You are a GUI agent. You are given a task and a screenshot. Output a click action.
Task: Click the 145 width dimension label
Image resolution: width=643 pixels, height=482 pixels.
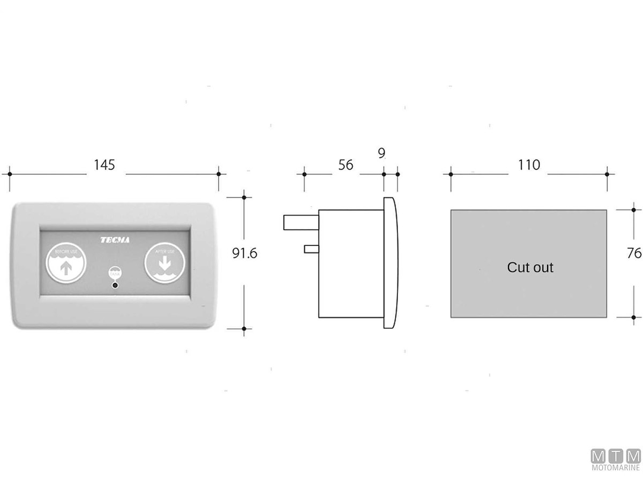tap(104, 165)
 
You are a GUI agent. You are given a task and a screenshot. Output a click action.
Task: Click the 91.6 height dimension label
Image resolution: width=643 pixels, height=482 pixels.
tap(244, 253)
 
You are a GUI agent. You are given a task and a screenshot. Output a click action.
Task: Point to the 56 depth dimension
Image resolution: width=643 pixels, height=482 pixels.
tap(346, 165)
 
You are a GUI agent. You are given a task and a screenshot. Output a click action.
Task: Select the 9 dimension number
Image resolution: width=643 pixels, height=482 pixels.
tap(381, 154)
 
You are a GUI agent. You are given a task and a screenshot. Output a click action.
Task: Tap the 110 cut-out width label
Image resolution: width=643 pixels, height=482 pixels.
tap(529, 165)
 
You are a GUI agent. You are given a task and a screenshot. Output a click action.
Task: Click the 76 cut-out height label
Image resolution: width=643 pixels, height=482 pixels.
tap(634, 253)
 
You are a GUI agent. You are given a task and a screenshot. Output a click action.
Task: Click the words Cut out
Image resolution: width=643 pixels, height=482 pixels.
tap(530, 267)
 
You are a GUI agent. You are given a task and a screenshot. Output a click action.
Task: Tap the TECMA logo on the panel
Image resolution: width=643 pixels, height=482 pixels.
tap(115, 240)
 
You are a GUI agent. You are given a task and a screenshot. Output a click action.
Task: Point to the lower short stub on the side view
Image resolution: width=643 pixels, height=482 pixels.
tap(311, 249)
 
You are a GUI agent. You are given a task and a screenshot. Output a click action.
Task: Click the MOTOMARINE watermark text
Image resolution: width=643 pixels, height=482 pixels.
tap(616, 468)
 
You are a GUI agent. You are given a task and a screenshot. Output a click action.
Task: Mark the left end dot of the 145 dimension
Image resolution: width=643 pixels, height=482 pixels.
tap(10, 174)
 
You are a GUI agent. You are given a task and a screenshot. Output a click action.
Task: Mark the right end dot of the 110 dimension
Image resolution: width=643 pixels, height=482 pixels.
tap(607, 174)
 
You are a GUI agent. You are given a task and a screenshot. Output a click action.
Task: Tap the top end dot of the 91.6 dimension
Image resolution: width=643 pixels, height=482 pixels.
tap(244, 198)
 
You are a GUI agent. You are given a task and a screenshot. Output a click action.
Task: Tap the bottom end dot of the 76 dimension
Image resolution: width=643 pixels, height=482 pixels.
tap(633, 317)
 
